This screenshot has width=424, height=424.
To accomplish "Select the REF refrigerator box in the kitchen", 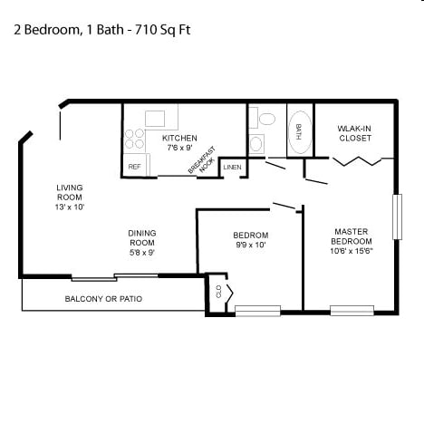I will [134, 167].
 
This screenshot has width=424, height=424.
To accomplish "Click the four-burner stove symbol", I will [135, 139].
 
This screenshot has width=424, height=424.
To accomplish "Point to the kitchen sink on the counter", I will [156, 118].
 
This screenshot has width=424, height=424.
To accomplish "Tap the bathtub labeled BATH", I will [299, 131].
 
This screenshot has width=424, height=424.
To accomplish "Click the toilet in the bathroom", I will [266, 119].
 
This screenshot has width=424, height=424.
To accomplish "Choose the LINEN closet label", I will [232, 167].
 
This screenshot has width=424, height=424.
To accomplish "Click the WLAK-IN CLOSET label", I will [355, 133].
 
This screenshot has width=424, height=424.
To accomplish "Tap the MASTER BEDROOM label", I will [350, 236].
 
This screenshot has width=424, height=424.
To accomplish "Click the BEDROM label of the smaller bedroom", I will [250, 236].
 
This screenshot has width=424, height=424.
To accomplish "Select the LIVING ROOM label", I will [70, 192].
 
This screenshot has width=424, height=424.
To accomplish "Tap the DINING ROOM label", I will [142, 237].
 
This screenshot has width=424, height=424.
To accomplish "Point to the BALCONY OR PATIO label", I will [103, 299].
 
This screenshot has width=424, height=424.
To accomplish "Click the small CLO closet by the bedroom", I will [218, 292].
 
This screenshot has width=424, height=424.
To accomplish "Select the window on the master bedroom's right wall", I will [396, 217].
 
